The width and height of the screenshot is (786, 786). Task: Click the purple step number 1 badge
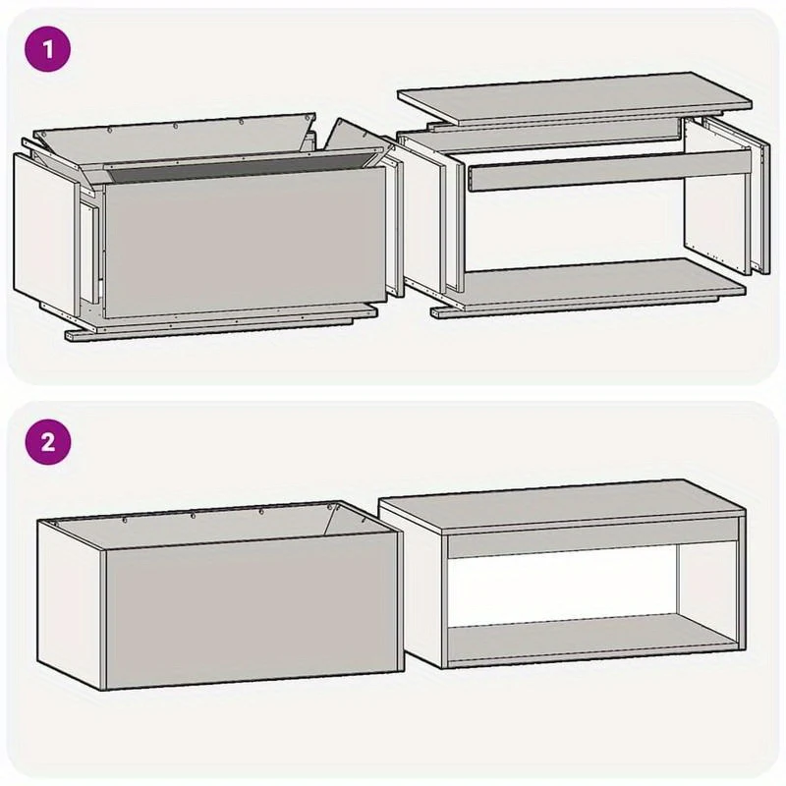point(47,49)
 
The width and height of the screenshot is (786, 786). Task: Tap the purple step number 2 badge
point(47,442)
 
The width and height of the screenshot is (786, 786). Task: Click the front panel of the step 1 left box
point(246,241)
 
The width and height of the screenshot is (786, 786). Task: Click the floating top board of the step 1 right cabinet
point(574,98)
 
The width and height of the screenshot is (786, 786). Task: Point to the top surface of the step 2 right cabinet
point(561,506)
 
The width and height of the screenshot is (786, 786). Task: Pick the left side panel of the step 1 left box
point(44,234)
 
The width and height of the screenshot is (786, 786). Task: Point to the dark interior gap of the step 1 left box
point(236,167)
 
